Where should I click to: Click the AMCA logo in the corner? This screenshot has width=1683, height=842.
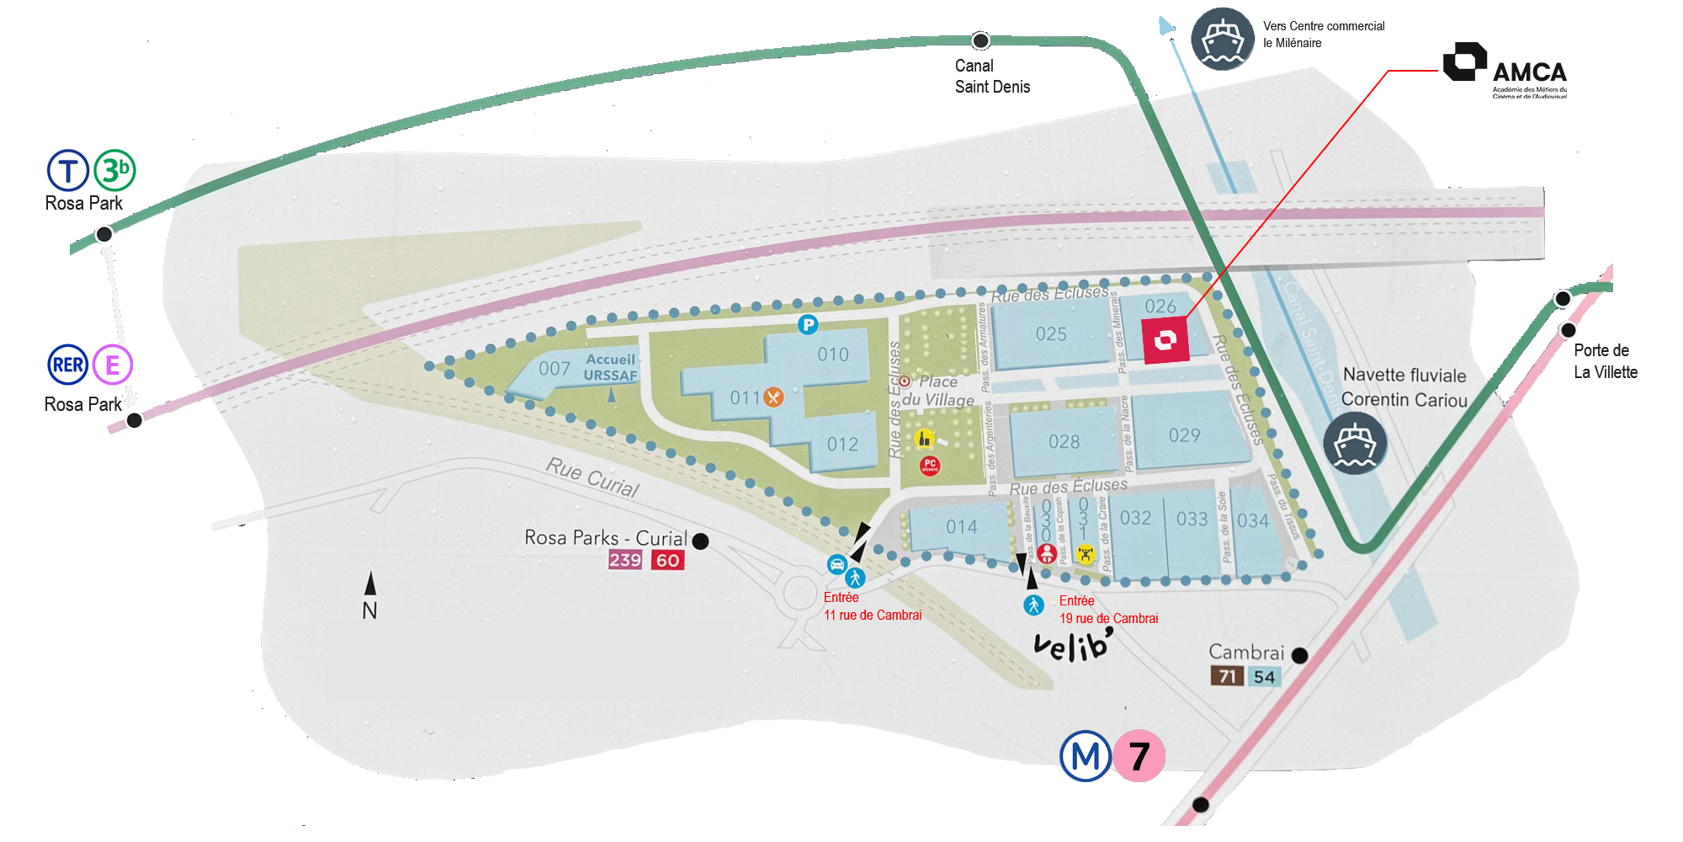[1505, 69]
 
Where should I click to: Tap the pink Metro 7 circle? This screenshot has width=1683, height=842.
[1139, 756]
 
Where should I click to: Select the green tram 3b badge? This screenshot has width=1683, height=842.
[114, 170]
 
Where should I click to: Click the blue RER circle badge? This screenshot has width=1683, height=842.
[67, 365]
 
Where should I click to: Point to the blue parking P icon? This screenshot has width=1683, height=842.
[808, 324]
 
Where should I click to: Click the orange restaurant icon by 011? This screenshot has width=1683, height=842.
[773, 397]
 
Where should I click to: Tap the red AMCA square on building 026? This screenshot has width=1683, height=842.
[1165, 340]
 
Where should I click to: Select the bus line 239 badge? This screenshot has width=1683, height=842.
[625, 561]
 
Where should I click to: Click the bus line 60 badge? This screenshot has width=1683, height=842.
[667, 561]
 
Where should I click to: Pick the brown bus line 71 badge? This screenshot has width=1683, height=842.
[1227, 676]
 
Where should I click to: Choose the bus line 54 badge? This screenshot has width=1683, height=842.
[1264, 677]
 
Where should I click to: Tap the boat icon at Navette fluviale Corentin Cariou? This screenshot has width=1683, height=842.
[1355, 443]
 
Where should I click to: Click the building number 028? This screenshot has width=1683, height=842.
[1064, 442]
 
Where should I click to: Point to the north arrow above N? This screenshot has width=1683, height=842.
[370, 583]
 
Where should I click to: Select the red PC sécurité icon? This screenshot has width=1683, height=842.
[930, 465]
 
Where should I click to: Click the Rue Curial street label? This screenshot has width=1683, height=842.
[592, 477]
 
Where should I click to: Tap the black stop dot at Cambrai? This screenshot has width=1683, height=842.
[1299, 655]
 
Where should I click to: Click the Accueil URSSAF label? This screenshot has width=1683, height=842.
[610, 367]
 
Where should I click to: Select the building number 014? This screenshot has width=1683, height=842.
[961, 527]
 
